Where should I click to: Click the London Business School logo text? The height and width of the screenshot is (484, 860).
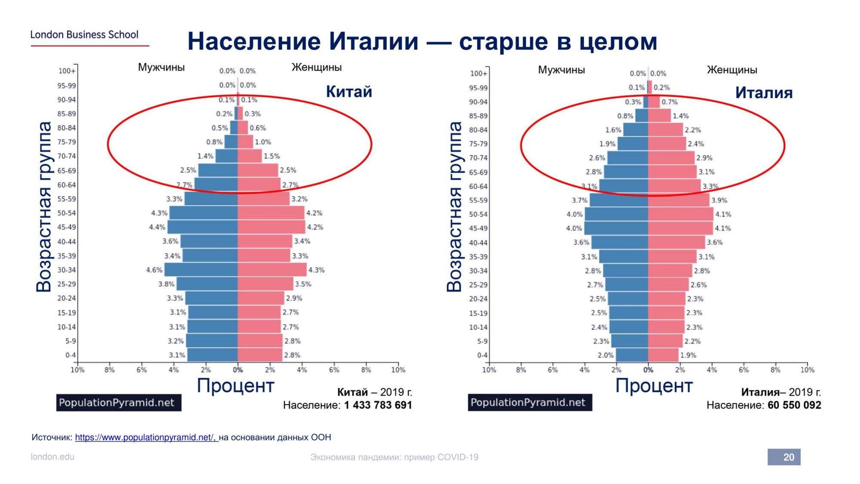[84, 34]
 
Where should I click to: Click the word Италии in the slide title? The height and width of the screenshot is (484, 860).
[374, 41]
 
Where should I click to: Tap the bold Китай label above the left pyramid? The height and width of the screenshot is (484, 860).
[349, 92]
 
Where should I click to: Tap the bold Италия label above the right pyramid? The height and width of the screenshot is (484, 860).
[764, 93]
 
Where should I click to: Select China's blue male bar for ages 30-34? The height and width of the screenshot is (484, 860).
[201, 270]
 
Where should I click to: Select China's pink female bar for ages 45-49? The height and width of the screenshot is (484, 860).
[271, 227]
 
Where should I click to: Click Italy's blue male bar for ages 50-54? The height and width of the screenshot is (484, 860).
[616, 214]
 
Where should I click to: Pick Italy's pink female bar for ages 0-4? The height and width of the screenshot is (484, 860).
[663, 355]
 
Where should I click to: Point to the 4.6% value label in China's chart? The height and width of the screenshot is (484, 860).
[154, 270]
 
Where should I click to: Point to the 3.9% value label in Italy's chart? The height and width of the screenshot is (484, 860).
[719, 200]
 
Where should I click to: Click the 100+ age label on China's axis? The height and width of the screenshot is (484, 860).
[67, 71]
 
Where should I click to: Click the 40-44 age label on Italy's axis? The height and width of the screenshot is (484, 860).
[478, 243]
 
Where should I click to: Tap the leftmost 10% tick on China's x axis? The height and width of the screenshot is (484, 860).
[77, 370]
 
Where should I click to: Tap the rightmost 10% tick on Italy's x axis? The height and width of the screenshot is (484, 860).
[807, 370]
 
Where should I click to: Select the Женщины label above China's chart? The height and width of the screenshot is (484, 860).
[316, 67]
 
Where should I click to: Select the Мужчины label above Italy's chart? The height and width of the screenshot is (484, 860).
[561, 70]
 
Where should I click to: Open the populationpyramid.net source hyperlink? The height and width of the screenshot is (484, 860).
[147, 437]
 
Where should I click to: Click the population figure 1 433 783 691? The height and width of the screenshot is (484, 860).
[378, 405]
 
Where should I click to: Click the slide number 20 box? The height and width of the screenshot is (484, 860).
[784, 457]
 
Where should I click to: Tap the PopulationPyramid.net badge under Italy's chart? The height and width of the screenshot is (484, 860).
[530, 402]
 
